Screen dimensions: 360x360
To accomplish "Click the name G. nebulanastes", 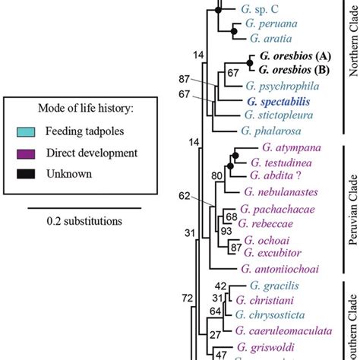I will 283,192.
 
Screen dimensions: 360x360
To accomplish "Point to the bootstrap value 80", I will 218,176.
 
